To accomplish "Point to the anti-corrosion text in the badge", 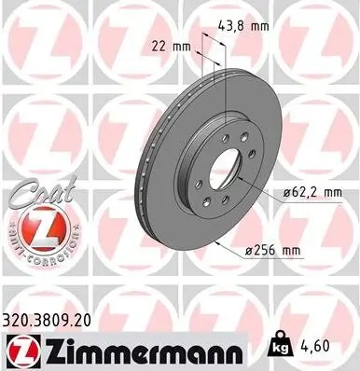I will [x=41, y=227].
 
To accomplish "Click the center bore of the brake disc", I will [x=223, y=172].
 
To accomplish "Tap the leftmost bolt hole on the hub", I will [x=198, y=160].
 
